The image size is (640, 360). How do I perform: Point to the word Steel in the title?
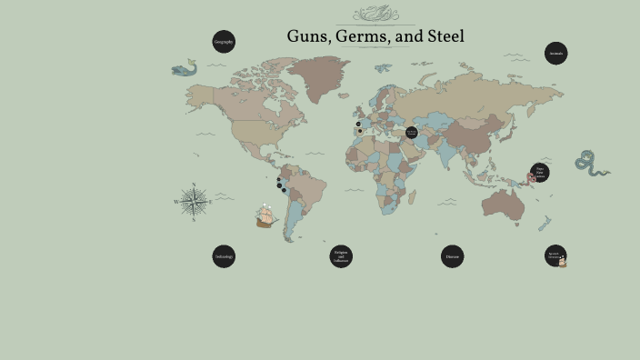coord(445,37)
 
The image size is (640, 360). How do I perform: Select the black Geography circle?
coord(224,42)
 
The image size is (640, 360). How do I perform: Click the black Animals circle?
coord(556,54)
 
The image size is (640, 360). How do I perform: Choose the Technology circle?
coord(224,256)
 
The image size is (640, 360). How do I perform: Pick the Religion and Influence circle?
coord(341,256)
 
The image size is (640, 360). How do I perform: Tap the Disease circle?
coord(453,256)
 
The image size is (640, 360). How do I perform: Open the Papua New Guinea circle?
coord(540,173)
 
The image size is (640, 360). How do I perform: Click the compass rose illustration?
coord(193,201)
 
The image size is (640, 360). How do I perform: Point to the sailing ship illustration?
coord(265,215)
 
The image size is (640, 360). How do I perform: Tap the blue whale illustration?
coord(185,68)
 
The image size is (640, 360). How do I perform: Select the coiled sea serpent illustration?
coord(588,163)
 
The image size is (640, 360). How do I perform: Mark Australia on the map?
coord(502,202)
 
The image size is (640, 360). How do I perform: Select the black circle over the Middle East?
coord(411,133)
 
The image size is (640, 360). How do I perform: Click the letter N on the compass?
coord(193,185)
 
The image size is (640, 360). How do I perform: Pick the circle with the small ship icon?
coord(555,256)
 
